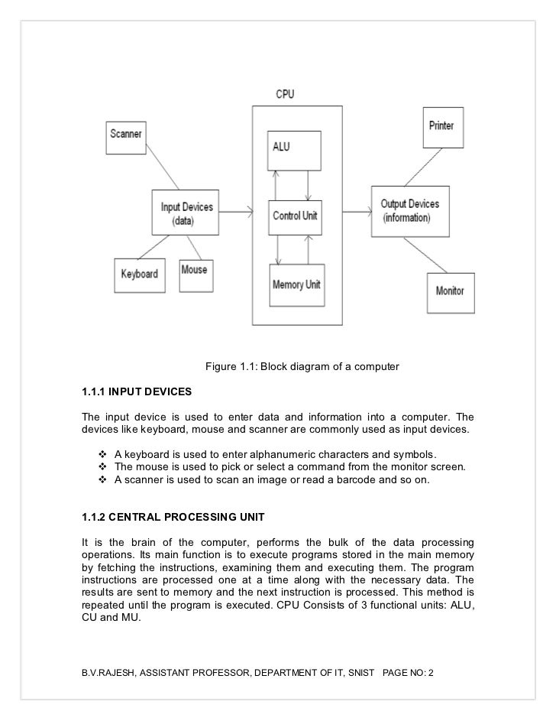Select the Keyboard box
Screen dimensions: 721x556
tap(140, 273)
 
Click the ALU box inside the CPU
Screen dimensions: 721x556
tap(293, 150)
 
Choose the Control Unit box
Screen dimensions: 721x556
tap(295, 216)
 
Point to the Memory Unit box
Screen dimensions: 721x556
tap(296, 285)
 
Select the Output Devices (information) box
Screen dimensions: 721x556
tap(410, 210)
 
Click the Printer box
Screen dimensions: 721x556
tap(441, 127)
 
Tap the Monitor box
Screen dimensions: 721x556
tap(450, 291)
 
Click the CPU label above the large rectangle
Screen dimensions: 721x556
tap(284, 95)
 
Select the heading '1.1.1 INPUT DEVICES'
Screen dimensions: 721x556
tap(137, 392)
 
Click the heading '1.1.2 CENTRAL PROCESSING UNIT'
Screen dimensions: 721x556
tap(173, 518)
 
